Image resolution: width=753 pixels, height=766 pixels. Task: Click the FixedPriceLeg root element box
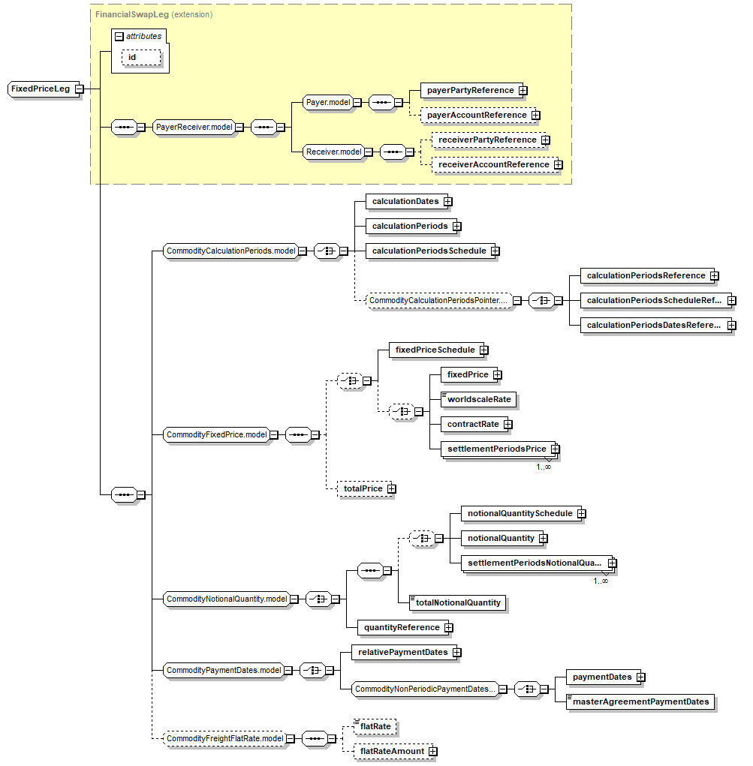click(x=41, y=89)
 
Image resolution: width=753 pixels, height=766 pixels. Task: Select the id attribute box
click(x=141, y=58)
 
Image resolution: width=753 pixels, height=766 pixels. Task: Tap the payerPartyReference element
click(x=470, y=90)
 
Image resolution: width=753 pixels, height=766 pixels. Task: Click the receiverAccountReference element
click(x=493, y=164)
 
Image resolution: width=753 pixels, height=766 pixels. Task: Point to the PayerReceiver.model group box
click(x=194, y=128)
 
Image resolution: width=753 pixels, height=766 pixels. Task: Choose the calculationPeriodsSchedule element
click(x=429, y=251)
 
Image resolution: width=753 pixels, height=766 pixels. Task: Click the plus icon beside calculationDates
click(x=447, y=201)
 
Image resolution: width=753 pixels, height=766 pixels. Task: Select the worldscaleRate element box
click(x=478, y=399)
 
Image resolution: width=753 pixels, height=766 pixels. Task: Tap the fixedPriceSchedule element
click(x=435, y=350)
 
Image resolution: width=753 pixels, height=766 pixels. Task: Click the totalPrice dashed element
click(x=363, y=488)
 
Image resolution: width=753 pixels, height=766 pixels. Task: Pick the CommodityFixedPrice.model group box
click(x=216, y=434)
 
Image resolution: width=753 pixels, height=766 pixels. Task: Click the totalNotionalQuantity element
click(x=457, y=602)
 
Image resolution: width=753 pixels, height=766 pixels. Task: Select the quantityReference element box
click(x=402, y=627)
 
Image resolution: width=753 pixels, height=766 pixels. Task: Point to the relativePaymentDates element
click(x=402, y=652)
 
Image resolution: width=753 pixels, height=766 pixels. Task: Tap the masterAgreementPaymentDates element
click(x=640, y=701)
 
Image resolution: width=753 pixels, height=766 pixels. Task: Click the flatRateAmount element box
click(x=392, y=751)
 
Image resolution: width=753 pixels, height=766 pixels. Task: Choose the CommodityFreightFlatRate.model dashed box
click(x=224, y=739)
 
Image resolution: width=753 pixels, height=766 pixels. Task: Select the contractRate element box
click(x=472, y=424)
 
